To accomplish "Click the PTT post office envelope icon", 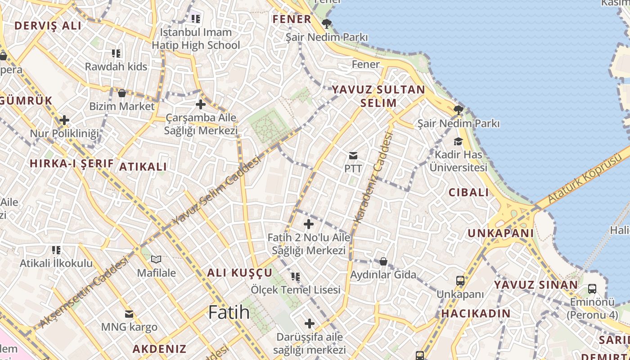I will [x=353, y=156].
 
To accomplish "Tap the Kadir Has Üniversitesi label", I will [x=458, y=161].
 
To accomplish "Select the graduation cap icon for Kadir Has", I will [x=458, y=142].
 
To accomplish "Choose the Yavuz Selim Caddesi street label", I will [x=217, y=191].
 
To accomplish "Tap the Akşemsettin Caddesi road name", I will [x=84, y=293].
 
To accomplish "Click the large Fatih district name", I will [x=229, y=312].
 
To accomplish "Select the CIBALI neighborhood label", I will [x=468, y=193].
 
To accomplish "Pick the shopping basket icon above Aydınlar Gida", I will [x=383, y=261].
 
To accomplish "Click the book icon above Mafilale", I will [x=156, y=260].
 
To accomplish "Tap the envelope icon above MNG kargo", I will [x=129, y=314].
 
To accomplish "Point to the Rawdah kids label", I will [x=116, y=67].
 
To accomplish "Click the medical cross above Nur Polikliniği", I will [x=64, y=120].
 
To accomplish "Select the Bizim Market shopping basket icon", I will [x=121, y=93].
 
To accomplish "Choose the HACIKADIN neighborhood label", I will [x=476, y=314].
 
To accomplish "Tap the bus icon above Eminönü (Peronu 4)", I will [x=592, y=289].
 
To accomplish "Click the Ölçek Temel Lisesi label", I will [x=296, y=290].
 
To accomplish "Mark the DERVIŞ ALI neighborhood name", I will [x=48, y=26].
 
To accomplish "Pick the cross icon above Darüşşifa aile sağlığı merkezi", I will [x=310, y=324].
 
